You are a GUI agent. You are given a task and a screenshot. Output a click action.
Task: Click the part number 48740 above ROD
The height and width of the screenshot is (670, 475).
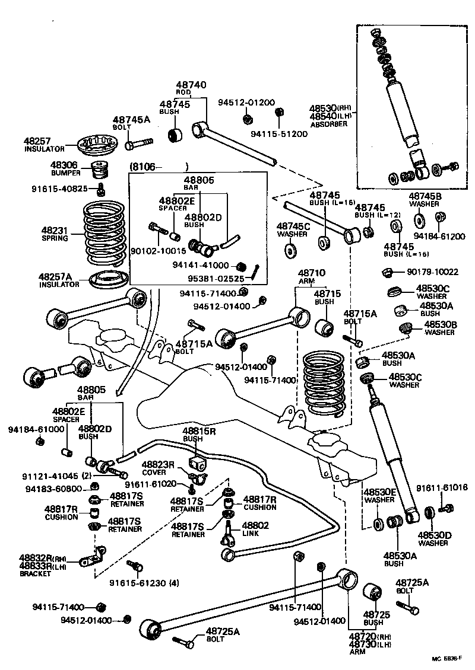[190, 85]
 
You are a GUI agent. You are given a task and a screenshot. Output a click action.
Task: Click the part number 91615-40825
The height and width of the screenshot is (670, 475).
[59, 189]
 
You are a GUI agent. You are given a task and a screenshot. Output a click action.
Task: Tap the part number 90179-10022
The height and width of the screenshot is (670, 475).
[432, 272]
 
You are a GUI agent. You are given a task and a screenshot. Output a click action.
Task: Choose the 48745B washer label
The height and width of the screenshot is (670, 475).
[424, 196]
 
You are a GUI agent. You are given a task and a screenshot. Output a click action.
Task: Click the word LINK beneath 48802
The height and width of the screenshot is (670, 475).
[251, 534]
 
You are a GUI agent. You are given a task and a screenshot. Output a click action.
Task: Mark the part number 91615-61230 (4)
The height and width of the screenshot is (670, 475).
[144, 582]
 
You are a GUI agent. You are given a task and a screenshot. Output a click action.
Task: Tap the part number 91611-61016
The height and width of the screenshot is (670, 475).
[441, 487]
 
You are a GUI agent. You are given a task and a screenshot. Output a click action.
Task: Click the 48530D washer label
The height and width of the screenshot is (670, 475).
[434, 535]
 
